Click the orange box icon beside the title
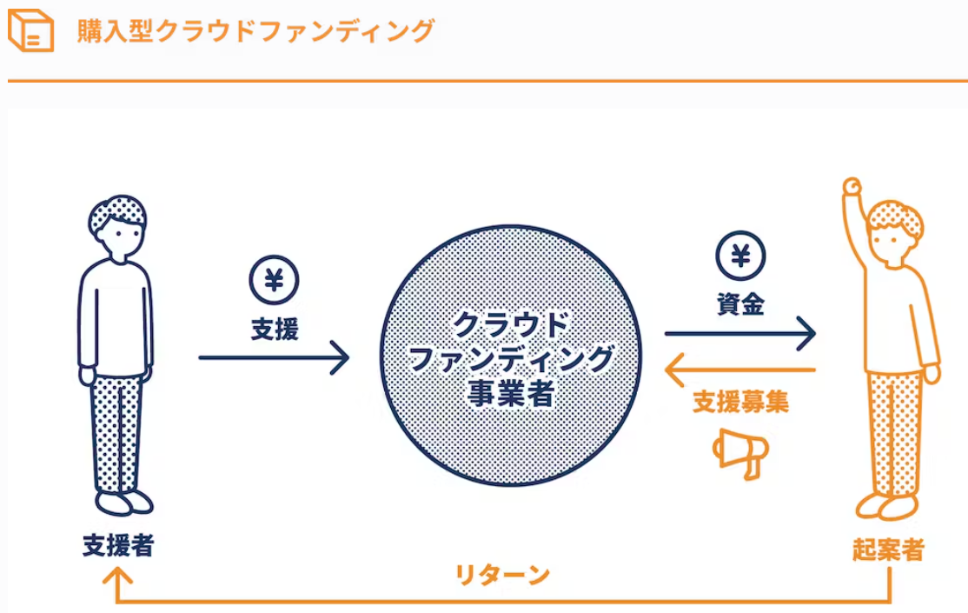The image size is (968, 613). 30,31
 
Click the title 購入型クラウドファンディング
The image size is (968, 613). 255,31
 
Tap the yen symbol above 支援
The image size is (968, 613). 274,281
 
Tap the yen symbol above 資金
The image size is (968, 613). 740,256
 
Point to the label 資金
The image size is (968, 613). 740,303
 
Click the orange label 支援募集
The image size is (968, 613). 740,402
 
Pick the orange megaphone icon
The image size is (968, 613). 740,452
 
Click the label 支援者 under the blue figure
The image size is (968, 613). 118,545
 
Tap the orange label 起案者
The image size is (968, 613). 888,550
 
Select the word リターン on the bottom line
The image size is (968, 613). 503,575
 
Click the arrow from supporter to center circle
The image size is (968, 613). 274,356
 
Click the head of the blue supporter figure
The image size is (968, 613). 117,224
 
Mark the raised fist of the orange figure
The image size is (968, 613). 852,185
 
